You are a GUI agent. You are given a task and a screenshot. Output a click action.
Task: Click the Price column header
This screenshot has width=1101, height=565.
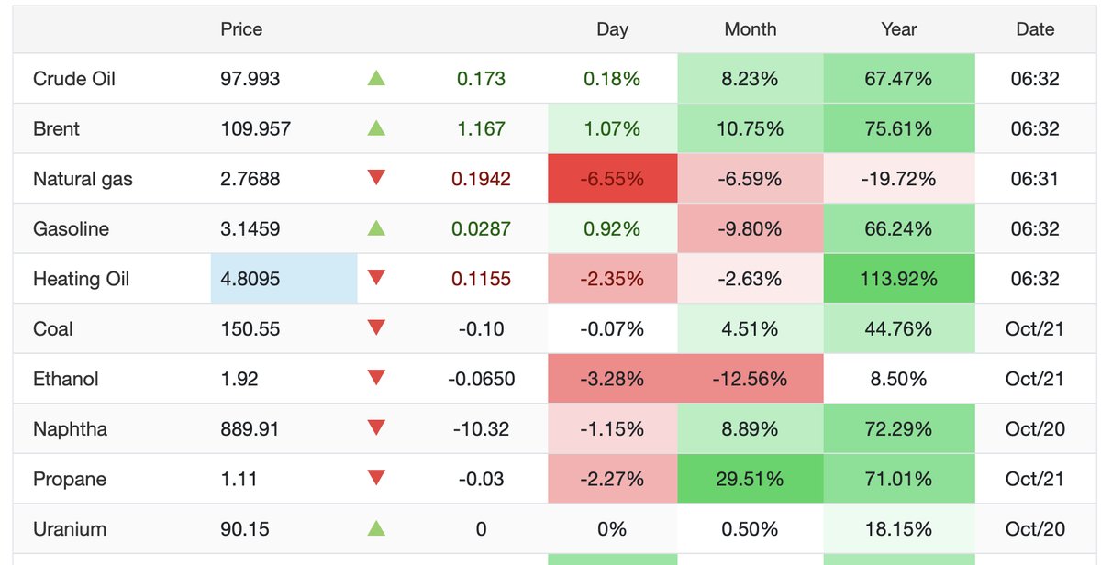pos(241,29)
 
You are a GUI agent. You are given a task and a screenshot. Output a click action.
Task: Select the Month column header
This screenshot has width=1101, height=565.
pos(751,29)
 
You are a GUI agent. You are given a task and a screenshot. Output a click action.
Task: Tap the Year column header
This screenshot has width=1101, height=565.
pos(899,29)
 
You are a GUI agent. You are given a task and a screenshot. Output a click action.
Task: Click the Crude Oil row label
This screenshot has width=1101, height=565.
pos(74,79)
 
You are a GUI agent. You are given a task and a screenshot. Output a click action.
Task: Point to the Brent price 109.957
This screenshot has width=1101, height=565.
pos(256,128)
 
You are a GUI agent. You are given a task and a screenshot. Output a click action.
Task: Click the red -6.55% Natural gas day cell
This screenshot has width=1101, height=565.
pos(613,178)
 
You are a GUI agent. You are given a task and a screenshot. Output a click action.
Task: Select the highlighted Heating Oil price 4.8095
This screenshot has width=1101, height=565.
pos(284,279)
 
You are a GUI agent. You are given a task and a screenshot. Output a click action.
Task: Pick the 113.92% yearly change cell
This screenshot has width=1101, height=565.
pos(899,279)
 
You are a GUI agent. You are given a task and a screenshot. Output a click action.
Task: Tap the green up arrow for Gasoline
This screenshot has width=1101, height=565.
pos(376,228)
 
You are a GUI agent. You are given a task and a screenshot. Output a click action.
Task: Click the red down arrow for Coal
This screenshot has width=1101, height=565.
pos(376,327)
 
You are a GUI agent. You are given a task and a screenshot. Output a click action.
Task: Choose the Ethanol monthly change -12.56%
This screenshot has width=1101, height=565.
pos(751,379)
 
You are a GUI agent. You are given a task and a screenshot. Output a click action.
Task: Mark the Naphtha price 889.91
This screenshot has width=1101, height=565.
pos(250,429)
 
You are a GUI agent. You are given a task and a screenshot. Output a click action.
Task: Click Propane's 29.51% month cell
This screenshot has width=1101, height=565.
pos(751,479)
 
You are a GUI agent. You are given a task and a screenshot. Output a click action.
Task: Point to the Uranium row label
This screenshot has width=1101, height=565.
pos(70,529)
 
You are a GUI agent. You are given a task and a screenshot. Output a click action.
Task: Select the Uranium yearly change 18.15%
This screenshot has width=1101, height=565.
pos(899,529)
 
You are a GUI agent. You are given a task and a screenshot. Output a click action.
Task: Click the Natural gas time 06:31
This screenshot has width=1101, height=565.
pos(1035,178)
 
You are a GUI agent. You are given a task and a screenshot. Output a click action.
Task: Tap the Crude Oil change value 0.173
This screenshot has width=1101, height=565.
pos(481,79)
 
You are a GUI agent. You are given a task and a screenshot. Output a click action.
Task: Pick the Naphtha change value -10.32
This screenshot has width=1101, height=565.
pos(481,429)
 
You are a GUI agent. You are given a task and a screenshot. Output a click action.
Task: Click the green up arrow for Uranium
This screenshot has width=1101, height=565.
pos(376,528)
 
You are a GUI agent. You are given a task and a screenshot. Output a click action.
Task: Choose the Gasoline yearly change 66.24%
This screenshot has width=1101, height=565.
pos(899,229)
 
